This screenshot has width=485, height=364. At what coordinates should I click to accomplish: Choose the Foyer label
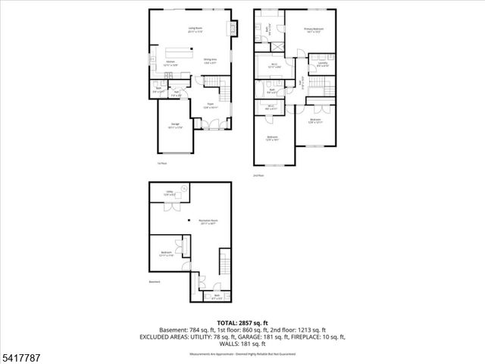210,107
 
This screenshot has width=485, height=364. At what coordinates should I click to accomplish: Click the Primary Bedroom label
313,30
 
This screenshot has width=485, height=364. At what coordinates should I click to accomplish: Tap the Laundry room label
321,64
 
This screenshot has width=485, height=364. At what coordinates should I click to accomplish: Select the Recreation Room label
208,221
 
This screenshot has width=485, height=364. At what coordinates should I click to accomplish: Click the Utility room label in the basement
171,194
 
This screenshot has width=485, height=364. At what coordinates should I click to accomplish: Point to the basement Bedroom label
166,255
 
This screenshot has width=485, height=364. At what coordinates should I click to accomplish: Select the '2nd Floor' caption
258,175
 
